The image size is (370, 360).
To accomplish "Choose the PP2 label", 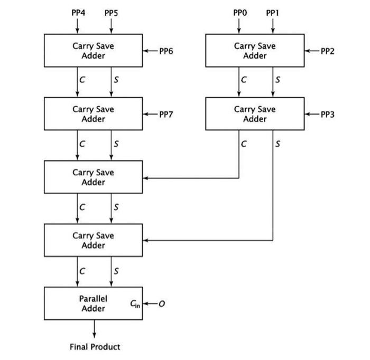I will coord(328,51).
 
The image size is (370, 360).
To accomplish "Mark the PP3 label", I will coord(328,114).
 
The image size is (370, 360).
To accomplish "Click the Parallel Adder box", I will coord(93,304).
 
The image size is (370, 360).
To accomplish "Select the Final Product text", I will coord(95,347).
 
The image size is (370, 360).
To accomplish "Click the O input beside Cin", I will coord(162,304).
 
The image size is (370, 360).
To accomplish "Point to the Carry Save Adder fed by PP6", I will coord(93,51).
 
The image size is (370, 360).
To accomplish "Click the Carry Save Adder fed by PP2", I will coord(255,51).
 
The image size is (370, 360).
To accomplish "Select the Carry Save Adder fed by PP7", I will coord(93,114).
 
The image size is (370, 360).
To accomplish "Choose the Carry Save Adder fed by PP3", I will coord(255,114).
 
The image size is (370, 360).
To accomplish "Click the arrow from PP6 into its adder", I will coord(150,51).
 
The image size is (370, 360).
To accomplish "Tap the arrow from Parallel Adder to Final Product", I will coord(94,329).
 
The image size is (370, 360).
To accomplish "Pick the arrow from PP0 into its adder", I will coord(239,25).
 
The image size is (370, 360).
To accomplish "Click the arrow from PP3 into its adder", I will coord(312,114).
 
